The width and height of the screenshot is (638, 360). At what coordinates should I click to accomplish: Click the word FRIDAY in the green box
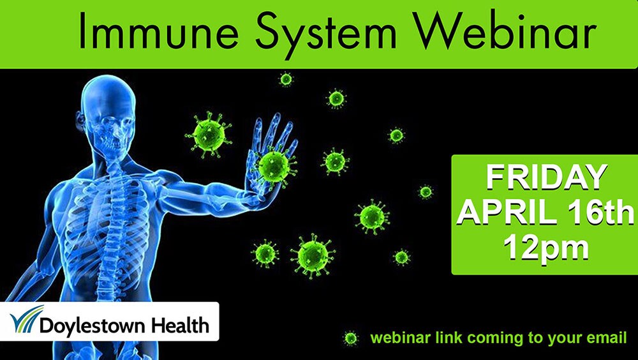(547, 177)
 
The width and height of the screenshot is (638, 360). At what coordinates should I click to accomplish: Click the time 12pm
(546, 247)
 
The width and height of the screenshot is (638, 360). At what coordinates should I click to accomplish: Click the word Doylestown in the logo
(91, 326)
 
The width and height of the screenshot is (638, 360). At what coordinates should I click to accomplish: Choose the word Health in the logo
(179, 324)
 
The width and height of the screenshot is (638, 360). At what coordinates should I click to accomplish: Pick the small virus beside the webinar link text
(350, 338)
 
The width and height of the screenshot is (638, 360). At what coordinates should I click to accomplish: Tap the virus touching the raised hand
(274, 166)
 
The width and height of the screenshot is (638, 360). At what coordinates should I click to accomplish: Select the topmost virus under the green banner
(286, 79)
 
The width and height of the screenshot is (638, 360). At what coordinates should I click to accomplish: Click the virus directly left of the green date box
(426, 191)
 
